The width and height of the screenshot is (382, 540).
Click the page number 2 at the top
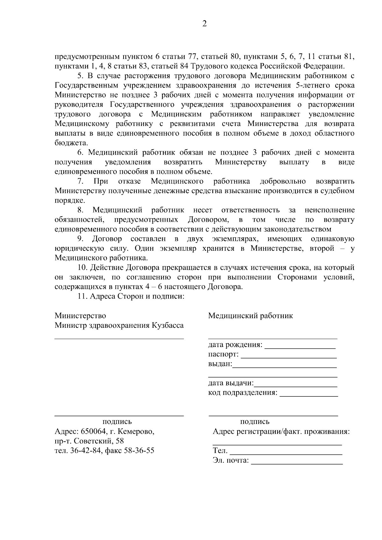204,24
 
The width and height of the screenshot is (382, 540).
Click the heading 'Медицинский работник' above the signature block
251,316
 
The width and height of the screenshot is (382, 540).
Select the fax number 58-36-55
139,451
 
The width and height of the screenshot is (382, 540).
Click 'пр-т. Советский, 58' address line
89,441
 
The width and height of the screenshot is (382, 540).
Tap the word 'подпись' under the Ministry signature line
117,422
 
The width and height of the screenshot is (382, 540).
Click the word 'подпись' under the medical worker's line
255,422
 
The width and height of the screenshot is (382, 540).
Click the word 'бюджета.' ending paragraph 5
71,143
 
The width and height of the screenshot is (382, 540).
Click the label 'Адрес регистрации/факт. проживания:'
281,432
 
